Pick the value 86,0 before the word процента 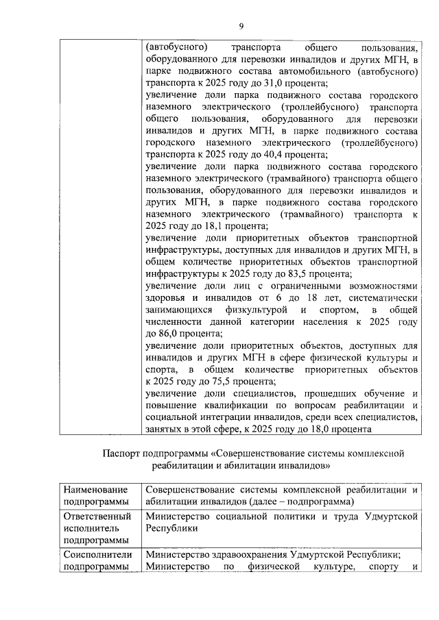click(x=166, y=334)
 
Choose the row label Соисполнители click(x=97, y=556)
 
